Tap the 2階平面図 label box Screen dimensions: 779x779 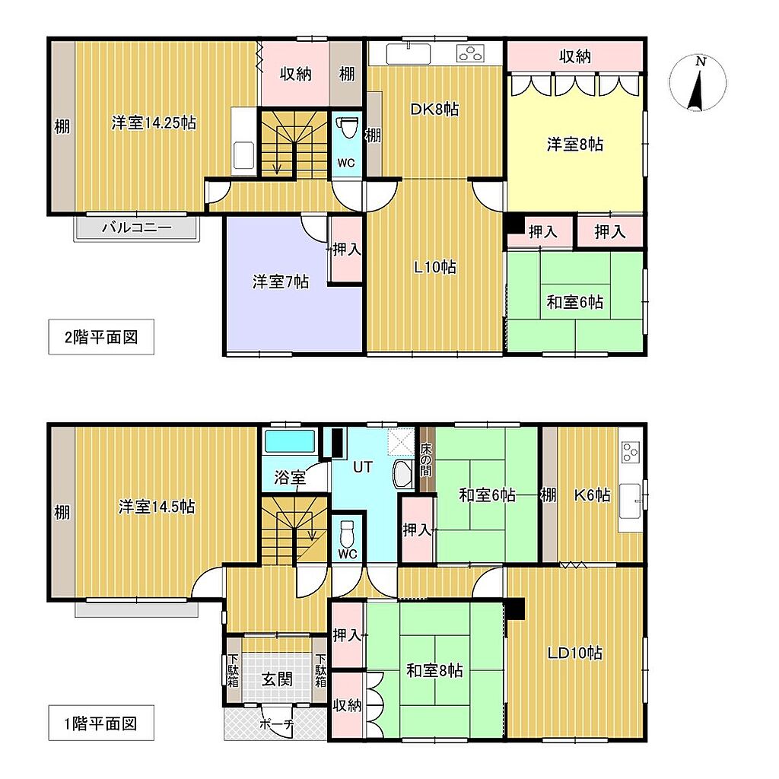pyautogui.click(x=101, y=337)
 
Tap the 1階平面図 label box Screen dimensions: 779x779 pyautogui.click(x=101, y=723)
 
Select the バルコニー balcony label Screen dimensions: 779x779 pyautogui.click(x=137, y=228)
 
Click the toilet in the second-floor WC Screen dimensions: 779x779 pyautogui.click(x=347, y=128)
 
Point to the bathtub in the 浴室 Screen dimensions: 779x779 pyautogui.click(x=290, y=441)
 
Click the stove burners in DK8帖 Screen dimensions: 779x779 pyautogui.click(x=470, y=53)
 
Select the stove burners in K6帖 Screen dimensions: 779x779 pyautogui.click(x=631, y=452)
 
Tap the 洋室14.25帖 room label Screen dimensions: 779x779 pyautogui.click(x=154, y=122)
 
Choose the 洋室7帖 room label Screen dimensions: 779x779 pyautogui.click(x=281, y=281)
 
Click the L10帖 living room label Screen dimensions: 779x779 pyautogui.click(x=435, y=267)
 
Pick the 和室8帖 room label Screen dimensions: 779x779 pyautogui.click(x=434, y=671)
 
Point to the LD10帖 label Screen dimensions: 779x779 pyautogui.click(x=575, y=652)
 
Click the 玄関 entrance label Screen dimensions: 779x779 pyautogui.click(x=277, y=679)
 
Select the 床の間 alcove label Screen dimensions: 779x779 pyautogui.click(x=426, y=459)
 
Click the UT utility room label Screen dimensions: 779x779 pyautogui.click(x=362, y=466)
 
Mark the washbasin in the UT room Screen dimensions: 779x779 pyautogui.click(x=402, y=475)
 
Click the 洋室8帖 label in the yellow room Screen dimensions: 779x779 pyautogui.click(x=575, y=145)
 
